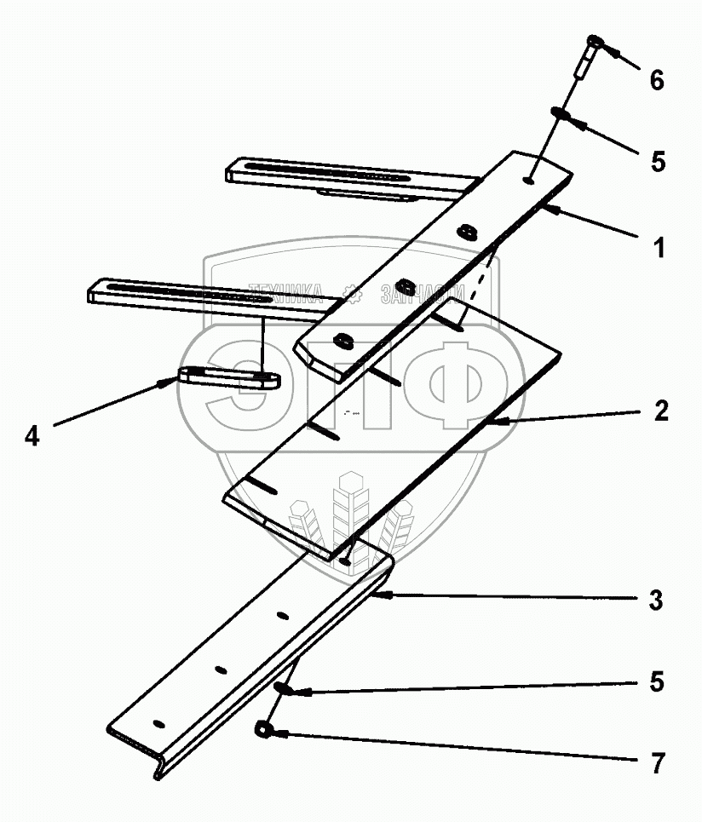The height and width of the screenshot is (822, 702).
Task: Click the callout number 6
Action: click(656, 81)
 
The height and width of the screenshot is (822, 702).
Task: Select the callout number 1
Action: click(658, 249)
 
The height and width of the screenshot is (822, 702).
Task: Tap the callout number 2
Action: click(661, 411)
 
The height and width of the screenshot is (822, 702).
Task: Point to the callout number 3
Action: click(656, 601)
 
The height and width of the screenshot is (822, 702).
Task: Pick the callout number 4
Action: click(32, 436)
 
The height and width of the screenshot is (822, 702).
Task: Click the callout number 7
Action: click(656, 764)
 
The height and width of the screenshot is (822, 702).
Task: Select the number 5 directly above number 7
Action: click(656, 683)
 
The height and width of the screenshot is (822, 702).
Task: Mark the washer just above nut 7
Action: click(282, 688)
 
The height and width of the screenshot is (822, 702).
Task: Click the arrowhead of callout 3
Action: click(380, 596)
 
